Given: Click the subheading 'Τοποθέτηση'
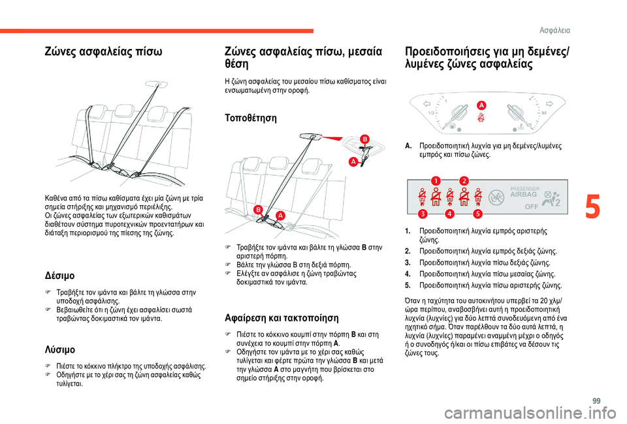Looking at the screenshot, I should pyautogui.click(x=250, y=118).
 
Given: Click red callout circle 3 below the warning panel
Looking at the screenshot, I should pyautogui.click(x=423, y=214).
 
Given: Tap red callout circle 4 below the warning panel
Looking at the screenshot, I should pyautogui.click(x=450, y=214).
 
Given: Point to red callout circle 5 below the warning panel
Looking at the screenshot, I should pyautogui.click(x=477, y=214).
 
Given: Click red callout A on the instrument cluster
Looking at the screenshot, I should pyautogui.click(x=481, y=106).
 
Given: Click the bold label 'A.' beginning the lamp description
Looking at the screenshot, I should pyautogui.click(x=408, y=146).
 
